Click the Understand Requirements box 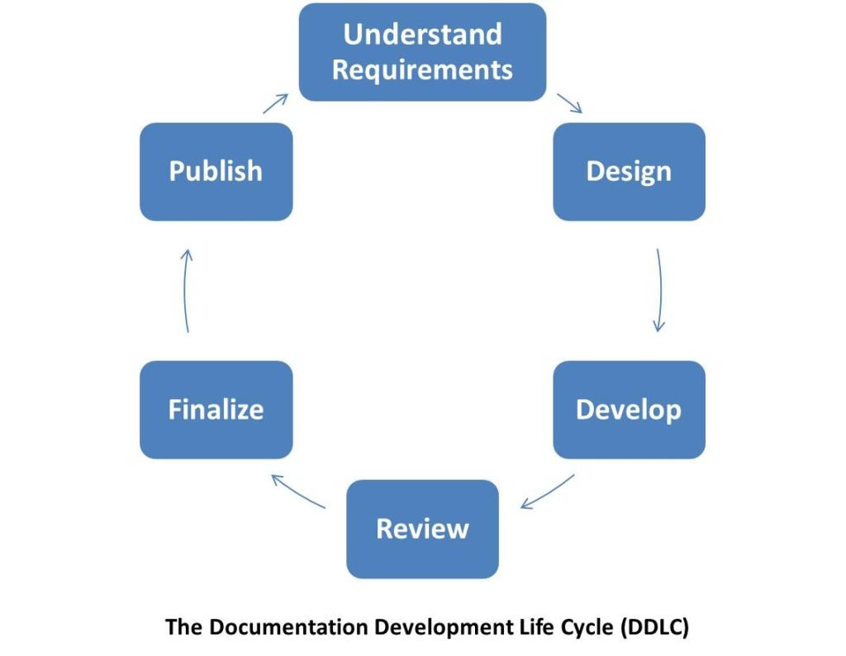click(422, 52)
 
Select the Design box click(629, 172)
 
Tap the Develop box click(629, 410)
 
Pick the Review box click(422, 529)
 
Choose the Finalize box click(216, 410)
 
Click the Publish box click(216, 172)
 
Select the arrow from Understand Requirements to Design click(570, 103)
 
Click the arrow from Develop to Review click(548, 492)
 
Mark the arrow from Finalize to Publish click(187, 291)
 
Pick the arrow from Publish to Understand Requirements click(276, 103)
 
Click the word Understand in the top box click(422, 35)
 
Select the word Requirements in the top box click(422, 69)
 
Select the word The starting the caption click(184, 627)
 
